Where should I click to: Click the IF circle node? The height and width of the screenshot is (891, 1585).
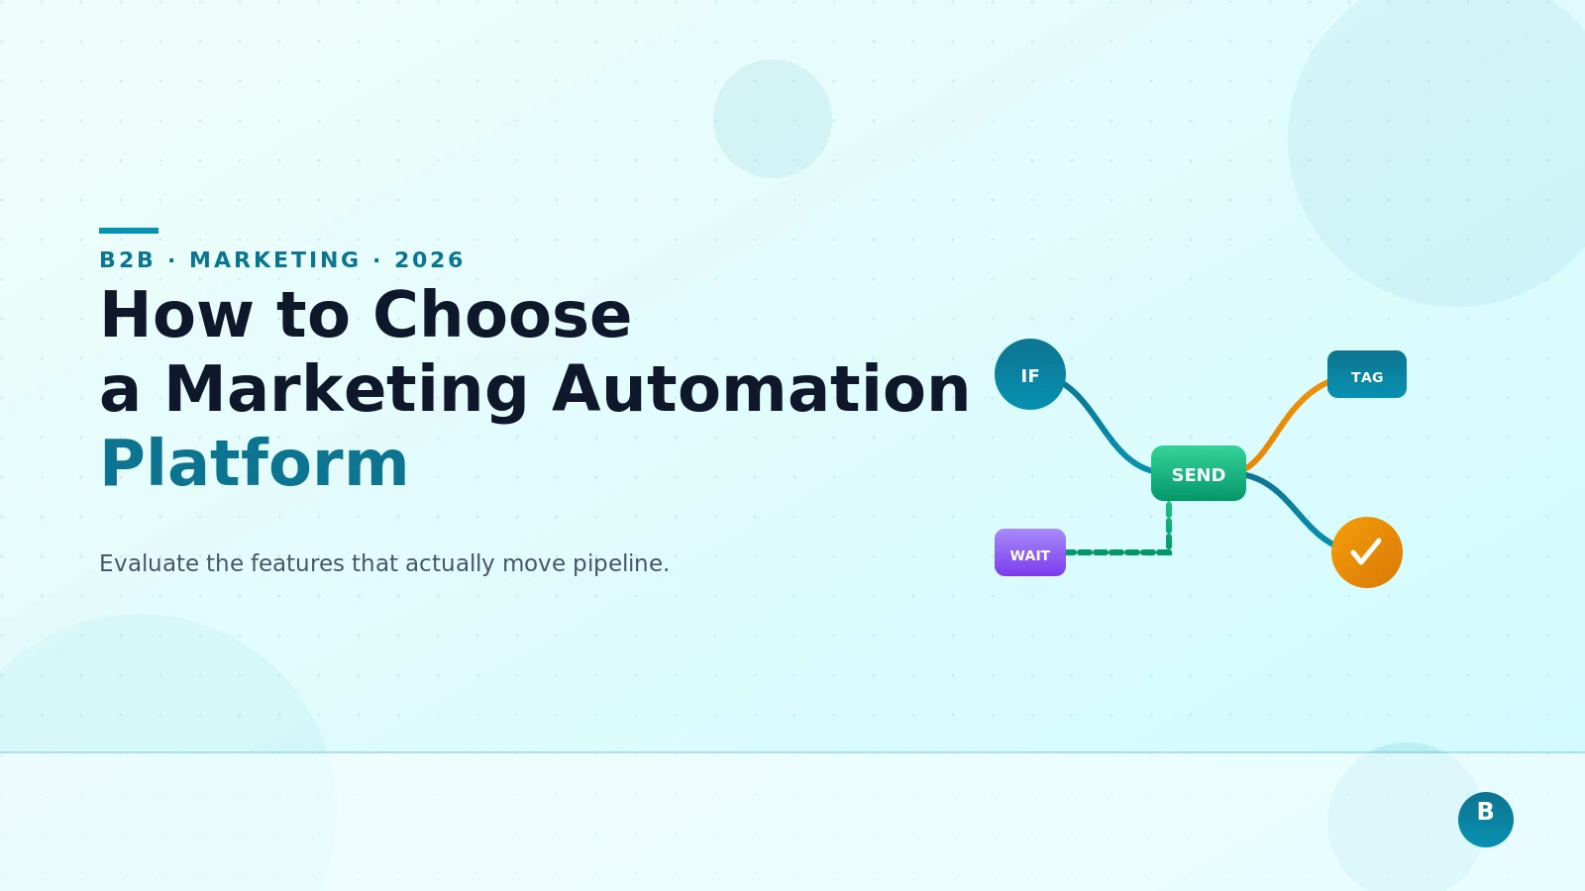tap(1030, 374)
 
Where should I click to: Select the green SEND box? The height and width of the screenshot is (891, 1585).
tap(1199, 473)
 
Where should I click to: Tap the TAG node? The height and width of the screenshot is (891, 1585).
tap(1367, 374)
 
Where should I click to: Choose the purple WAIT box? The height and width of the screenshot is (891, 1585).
tap(1030, 552)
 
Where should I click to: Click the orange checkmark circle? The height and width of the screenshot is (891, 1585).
tap(1367, 552)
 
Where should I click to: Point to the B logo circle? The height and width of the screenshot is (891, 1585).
tap(1486, 820)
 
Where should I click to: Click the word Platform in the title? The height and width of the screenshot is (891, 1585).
tap(255, 463)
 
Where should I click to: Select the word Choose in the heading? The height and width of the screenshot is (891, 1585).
tap(502, 315)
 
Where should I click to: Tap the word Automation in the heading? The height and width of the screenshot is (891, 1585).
tap(761, 388)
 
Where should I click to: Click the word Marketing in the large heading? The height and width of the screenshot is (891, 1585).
tap(347, 388)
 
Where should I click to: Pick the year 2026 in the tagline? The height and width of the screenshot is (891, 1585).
tap(429, 259)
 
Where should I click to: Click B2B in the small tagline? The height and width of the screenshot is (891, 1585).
tap(127, 259)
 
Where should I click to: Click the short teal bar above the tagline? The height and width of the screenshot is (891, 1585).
tap(129, 231)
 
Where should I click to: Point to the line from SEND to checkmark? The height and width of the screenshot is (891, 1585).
tap(1291, 507)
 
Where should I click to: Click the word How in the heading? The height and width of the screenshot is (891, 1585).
tap(176, 315)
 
